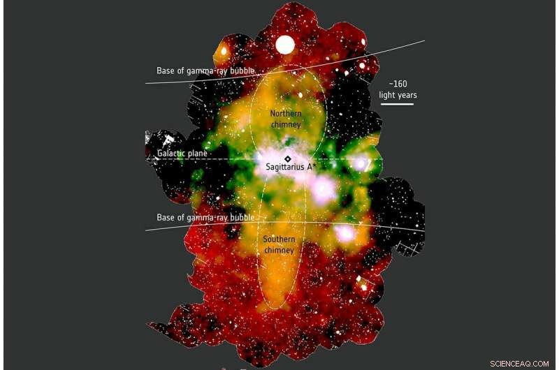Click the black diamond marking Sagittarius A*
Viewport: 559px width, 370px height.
pyautogui.click(x=288, y=159)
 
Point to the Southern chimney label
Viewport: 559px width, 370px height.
pyautogui.click(x=279, y=244)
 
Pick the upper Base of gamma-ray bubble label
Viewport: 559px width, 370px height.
pyautogui.click(x=205, y=71)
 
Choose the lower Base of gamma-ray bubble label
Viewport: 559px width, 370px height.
pyautogui.click(x=205, y=218)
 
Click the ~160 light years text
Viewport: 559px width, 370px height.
pyautogui.click(x=397, y=88)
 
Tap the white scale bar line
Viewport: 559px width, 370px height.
pyautogui.click(x=397, y=105)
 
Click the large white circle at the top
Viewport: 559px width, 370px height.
pyautogui.click(x=285, y=45)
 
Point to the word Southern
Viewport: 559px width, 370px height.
pyautogui.click(x=279, y=239)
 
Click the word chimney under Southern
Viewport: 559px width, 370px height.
pyautogui.click(x=279, y=250)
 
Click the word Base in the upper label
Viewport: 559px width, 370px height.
pyautogui.click(x=166, y=71)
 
